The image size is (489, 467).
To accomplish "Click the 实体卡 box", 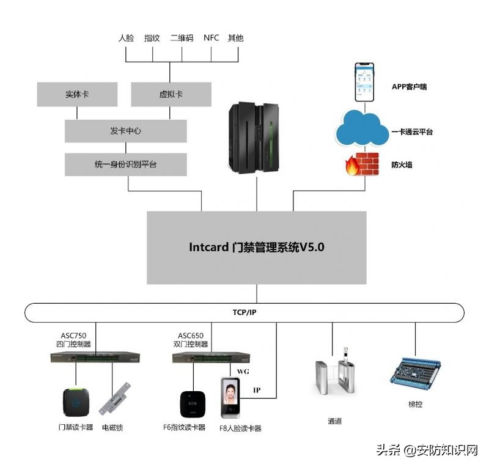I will click(77, 95).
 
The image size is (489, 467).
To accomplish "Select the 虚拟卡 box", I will click(171, 95).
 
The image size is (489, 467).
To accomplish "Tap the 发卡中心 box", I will click(125, 131).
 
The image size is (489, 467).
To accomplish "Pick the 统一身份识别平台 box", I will click(125, 164).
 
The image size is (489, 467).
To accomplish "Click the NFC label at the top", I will click(211, 38).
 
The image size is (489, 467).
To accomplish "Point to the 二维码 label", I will click(182, 38).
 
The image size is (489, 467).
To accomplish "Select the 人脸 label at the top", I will click(126, 38).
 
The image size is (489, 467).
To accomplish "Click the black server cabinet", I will click(252, 137).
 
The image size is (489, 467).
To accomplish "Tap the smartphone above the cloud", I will click(366, 81).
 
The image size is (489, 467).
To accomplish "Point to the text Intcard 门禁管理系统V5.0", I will click(256, 248).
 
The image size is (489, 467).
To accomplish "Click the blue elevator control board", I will click(416, 372).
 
